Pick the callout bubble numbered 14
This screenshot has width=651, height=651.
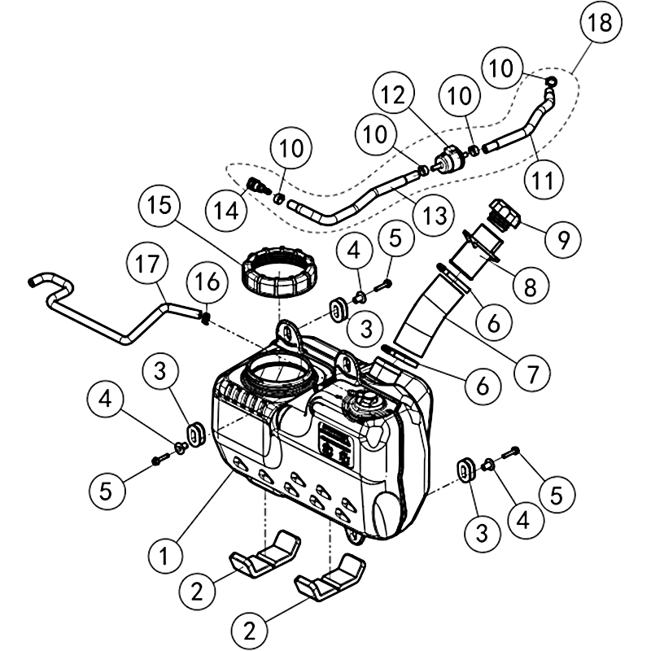(x=228, y=209)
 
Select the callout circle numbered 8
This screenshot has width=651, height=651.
(x=531, y=286)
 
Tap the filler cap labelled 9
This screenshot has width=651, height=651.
(x=502, y=216)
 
